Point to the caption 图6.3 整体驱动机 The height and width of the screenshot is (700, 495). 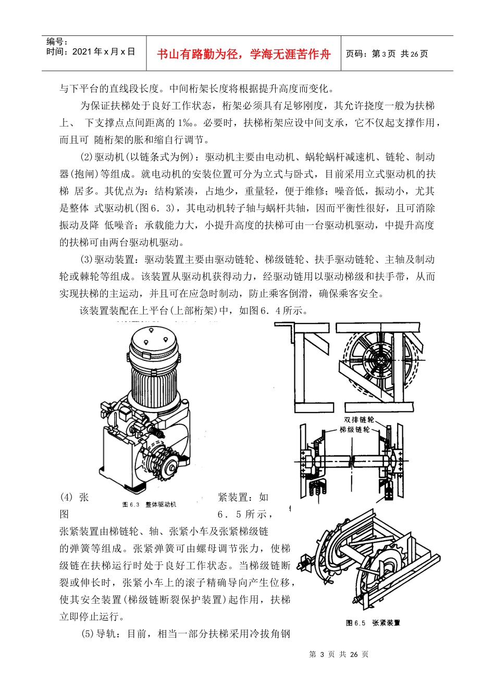click(x=149, y=504)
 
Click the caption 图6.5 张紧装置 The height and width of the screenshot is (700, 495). click(x=373, y=623)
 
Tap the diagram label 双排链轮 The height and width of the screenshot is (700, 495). click(x=359, y=420)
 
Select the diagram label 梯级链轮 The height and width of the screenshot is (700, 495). click(x=355, y=430)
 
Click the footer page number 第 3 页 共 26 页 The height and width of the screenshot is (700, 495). click(x=339, y=654)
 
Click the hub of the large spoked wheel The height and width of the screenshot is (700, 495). click(x=380, y=360)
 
